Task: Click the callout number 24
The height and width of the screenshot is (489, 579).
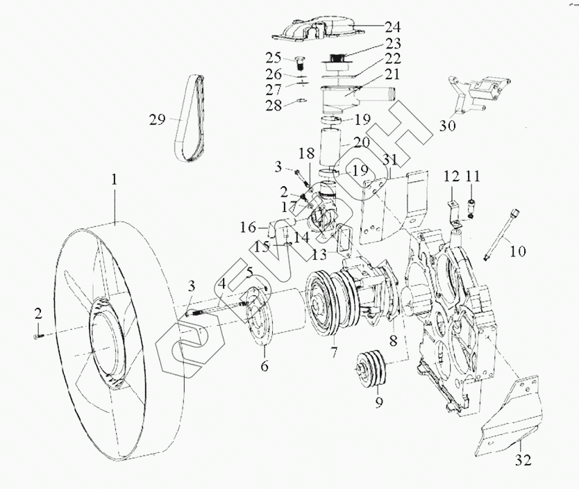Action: [x=393, y=28]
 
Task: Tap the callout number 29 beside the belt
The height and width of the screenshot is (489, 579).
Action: [x=157, y=119]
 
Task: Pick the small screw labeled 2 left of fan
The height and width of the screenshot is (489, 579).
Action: [x=36, y=336]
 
